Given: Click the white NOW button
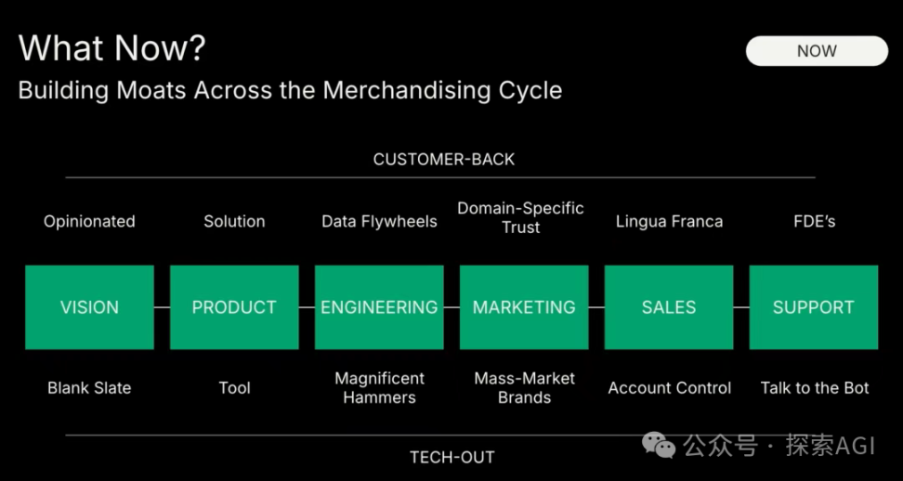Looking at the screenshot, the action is point(817,51).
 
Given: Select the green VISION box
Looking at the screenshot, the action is point(89,307).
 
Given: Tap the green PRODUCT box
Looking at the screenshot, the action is point(234,307).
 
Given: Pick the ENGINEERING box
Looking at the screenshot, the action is point(379,307).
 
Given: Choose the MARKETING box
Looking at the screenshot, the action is point(524,307).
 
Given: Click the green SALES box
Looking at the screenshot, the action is point(669,307).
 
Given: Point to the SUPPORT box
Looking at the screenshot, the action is point(814,307).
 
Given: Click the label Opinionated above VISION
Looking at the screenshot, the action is point(89,222).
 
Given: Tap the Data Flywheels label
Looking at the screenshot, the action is point(380,222).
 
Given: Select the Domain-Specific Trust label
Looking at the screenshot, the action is point(520,217).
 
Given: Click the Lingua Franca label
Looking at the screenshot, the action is point(669,222).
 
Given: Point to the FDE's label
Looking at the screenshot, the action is point(815,222).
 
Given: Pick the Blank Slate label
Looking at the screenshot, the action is point(89,388).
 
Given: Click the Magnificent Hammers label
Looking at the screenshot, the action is point(380,388).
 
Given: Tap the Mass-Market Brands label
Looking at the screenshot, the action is point(525,388).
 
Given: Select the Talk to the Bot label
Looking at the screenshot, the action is point(815,388).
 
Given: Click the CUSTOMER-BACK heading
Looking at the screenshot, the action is point(444,160).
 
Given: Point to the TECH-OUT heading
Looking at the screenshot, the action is point(452,458).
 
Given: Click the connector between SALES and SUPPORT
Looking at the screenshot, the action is point(741,307).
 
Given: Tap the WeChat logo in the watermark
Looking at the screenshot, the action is point(659,445).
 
